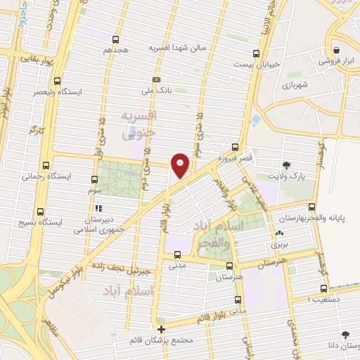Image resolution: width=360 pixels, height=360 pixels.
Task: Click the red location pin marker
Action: [x=181, y=165]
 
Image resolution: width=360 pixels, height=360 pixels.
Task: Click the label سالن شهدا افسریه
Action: [x=176, y=49]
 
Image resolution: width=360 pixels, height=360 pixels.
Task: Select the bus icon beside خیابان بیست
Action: [x=257, y=53]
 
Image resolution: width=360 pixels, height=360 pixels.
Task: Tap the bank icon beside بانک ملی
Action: [x=155, y=79]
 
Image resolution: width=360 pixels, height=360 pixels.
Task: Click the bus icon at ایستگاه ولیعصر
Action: [x=58, y=80]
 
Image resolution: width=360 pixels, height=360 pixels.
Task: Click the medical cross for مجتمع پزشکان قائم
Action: [x=161, y=329]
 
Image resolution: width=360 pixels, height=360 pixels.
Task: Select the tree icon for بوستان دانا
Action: [x=344, y=336]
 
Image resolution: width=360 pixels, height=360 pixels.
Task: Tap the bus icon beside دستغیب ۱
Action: [x=323, y=288]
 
